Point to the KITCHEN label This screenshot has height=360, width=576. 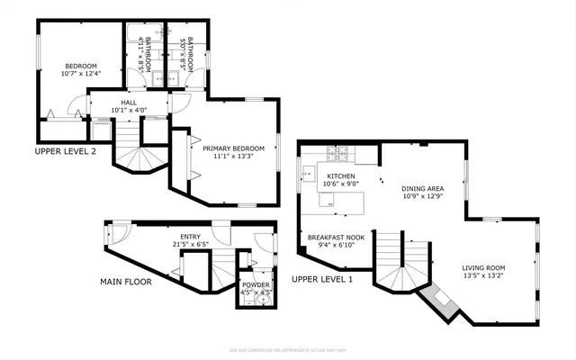click(x=341, y=176)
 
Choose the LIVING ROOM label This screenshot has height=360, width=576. click(x=483, y=267)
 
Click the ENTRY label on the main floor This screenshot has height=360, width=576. click(x=191, y=236)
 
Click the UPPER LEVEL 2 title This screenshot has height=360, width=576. click(x=65, y=151)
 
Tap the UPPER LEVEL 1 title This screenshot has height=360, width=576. click(x=321, y=280)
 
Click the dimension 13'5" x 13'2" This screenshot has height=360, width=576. click(x=483, y=275)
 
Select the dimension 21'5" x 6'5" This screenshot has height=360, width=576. click(x=191, y=244)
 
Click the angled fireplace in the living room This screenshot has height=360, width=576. click(x=439, y=302)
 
